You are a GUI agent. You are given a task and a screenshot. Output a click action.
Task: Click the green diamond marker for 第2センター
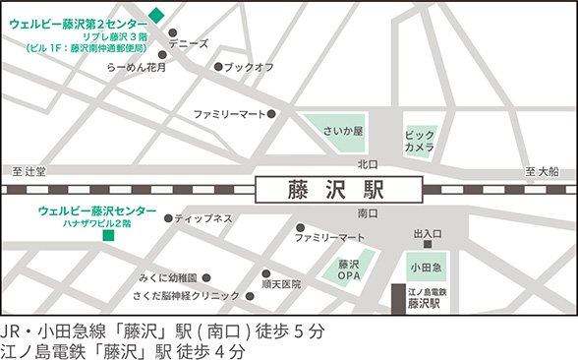(156, 17)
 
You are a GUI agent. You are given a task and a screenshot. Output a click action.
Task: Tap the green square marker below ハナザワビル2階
(108, 235)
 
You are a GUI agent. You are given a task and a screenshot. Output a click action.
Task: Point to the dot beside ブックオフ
(218, 67)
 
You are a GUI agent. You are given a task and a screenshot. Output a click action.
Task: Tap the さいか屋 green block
(344, 131)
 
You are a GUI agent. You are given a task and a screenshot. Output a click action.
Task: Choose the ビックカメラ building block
(419, 140)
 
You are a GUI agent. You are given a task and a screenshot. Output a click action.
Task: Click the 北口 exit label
(368, 164)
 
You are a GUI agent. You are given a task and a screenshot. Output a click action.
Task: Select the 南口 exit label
(368, 212)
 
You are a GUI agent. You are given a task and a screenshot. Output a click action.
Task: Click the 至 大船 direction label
(542, 171)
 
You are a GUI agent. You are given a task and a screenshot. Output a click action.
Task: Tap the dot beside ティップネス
(169, 218)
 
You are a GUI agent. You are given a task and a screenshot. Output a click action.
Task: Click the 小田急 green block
(426, 267)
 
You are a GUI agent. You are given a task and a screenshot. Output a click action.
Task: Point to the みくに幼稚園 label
(168, 277)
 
